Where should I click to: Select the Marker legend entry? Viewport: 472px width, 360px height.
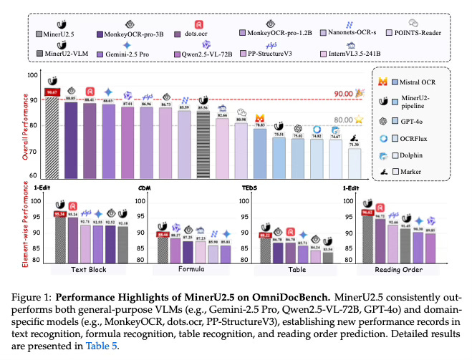411,172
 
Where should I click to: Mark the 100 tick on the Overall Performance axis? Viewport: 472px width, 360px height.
32,74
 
